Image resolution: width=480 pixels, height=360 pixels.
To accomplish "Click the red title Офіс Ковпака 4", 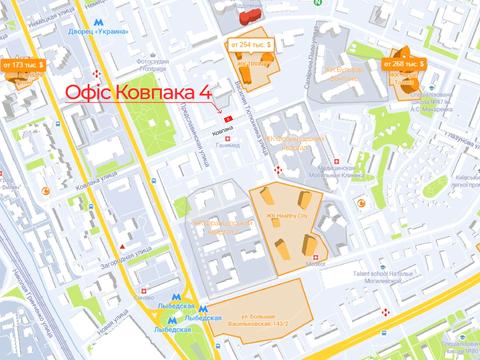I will (x=138, y=92).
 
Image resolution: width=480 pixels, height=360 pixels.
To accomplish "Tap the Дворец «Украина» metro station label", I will (x=103, y=29).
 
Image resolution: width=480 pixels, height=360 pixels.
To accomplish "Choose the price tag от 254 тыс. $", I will (x=251, y=45).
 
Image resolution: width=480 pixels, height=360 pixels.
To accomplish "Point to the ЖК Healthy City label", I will (x=285, y=213).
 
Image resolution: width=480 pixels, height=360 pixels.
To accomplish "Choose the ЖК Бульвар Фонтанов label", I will (x=346, y=71).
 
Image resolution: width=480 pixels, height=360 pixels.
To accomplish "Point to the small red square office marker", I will (x=230, y=118).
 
